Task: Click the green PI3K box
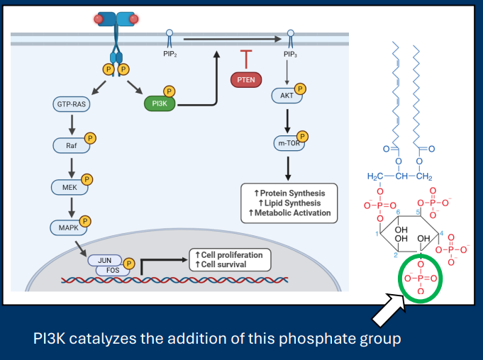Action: [x=158, y=104]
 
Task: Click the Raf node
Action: [x=71, y=146]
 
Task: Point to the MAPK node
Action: [x=68, y=227]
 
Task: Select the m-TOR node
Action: [x=287, y=143]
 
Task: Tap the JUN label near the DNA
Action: [x=104, y=260]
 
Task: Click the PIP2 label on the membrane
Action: [x=170, y=54]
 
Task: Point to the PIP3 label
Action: [x=290, y=54]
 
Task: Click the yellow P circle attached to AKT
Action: [x=300, y=89]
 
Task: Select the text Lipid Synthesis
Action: [x=291, y=203]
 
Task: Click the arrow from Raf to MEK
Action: [x=71, y=167]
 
